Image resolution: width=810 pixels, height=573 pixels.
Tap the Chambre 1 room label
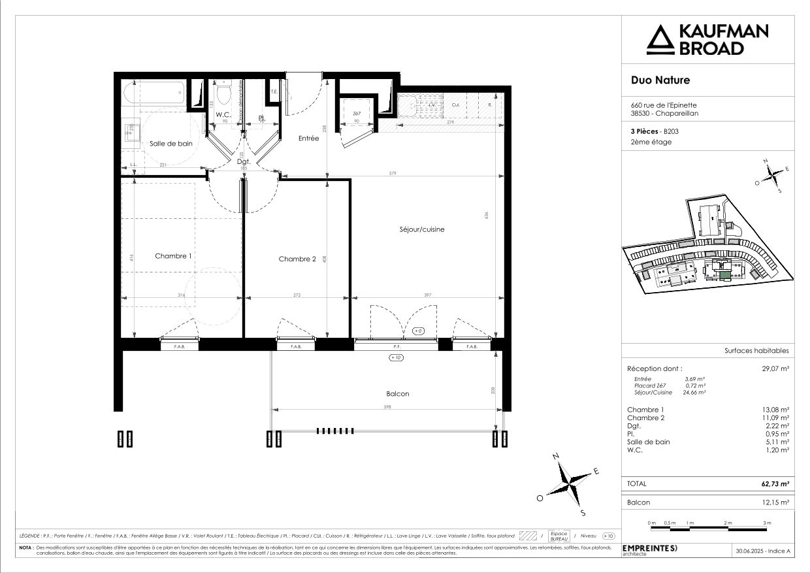pyautogui.click(x=173, y=256)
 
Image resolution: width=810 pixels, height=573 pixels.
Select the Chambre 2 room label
pyautogui.click(x=297, y=259)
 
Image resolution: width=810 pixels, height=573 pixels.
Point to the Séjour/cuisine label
pyautogui.click(x=422, y=229)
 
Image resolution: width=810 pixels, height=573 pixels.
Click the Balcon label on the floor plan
pyautogui.click(x=398, y=394)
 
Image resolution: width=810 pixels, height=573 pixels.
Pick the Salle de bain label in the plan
pyautogui.click(x=171, y=144)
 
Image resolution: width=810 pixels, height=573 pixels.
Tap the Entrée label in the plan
pyautogui.click(x=308, y=139)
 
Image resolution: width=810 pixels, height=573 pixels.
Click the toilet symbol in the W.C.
pyautogui.click(x=224, y=97)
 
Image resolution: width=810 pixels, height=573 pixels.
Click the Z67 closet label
pyautogui.click(x=357, y=114)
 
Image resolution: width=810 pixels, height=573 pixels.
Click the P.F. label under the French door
pyautogui.click(x=396, y=347)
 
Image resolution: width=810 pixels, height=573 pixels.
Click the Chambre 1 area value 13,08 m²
pyautogui.click(x=777, y=410)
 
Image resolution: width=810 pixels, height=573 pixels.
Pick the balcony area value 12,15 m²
pyautogui.click(x=777, y=502)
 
